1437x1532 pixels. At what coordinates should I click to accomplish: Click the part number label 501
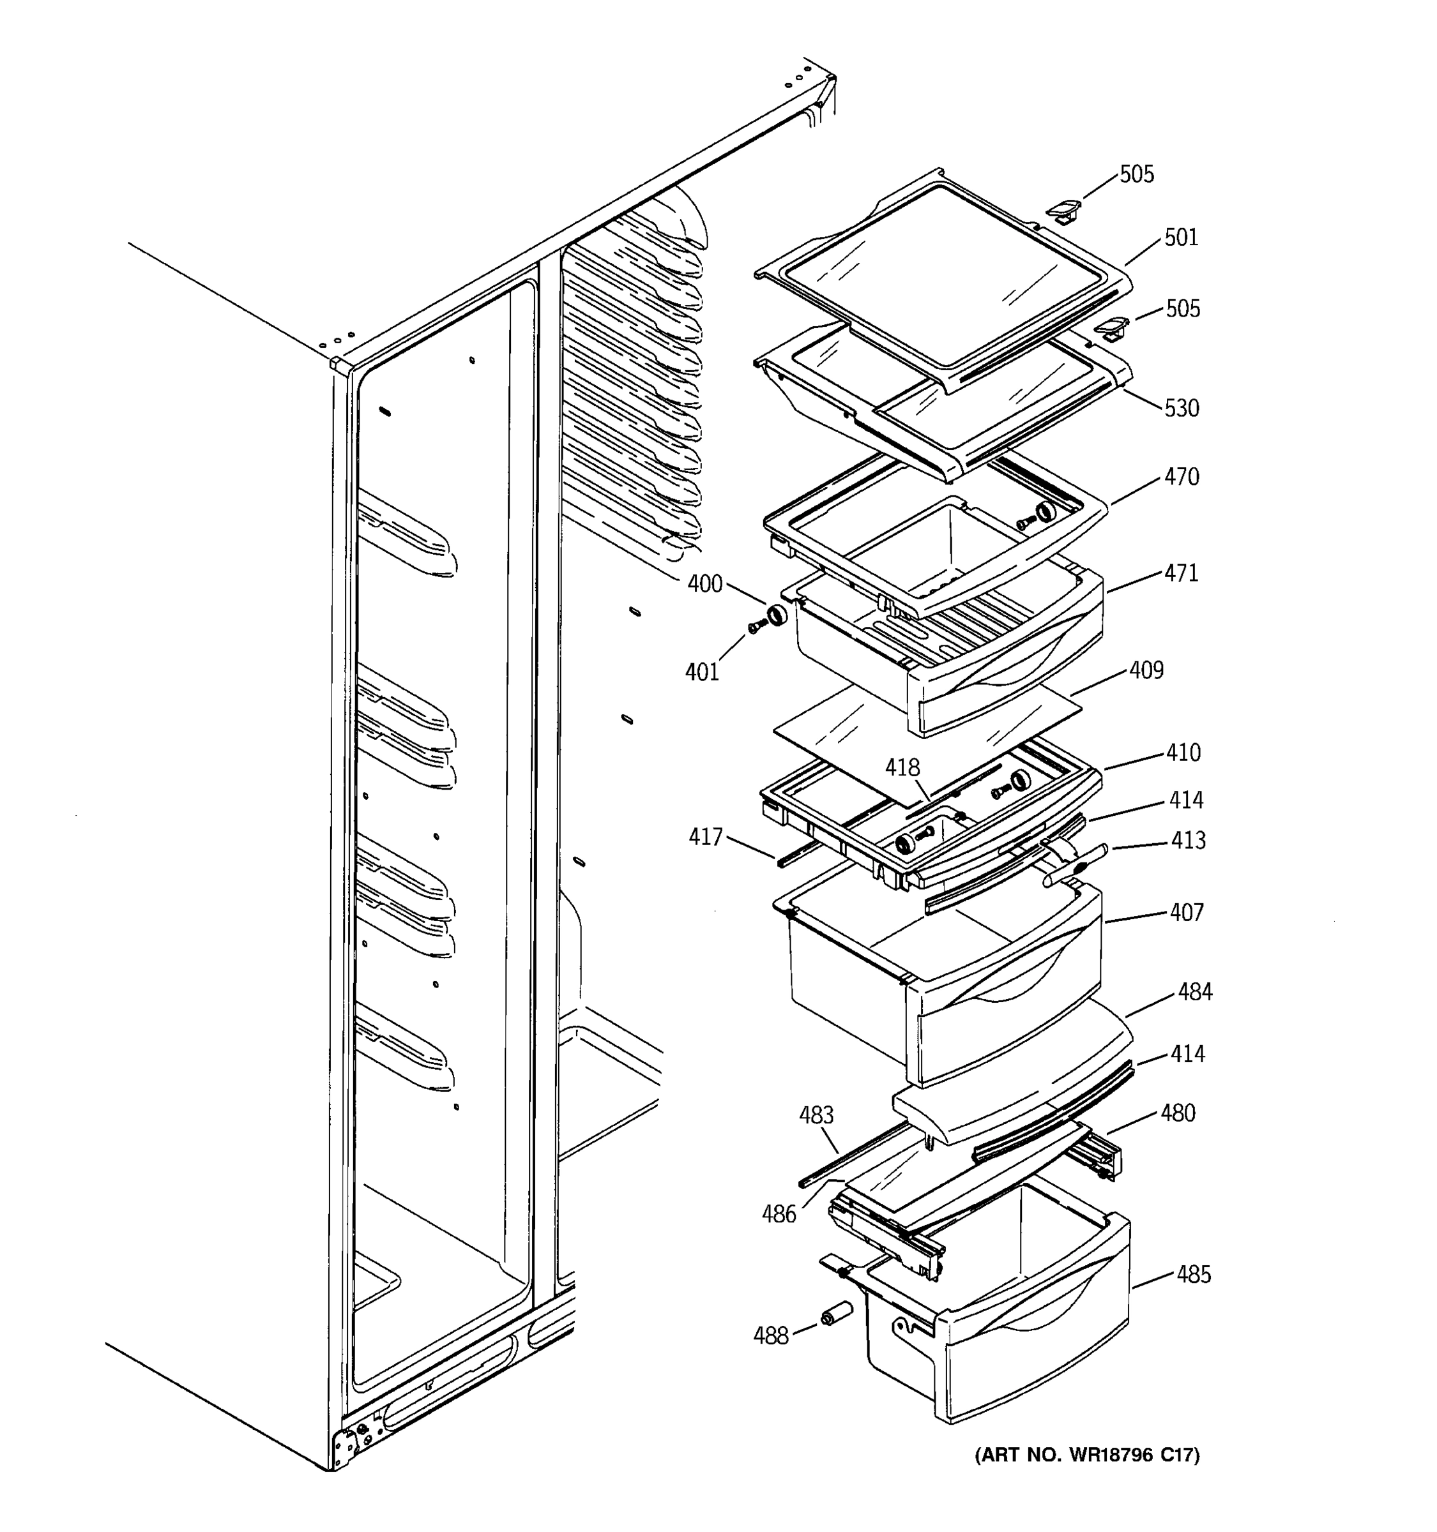(1181, 237)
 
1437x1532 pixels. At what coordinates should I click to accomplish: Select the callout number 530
(1181, 409)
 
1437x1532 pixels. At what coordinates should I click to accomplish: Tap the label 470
(1181, 477)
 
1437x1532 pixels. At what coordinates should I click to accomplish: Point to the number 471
(1181, 573)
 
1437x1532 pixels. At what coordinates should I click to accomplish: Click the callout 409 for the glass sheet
(1146, 670)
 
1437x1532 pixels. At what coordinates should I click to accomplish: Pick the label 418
(902, 767)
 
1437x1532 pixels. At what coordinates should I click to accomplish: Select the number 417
(705, 837)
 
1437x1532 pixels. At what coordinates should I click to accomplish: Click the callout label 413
(1188, 841)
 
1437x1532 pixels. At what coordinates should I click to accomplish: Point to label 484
(1195, 993)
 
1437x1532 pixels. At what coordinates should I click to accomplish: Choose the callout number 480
(1178, 1113)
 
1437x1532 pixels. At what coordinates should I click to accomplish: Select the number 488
(771, 1336)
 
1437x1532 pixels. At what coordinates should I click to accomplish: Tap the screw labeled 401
(755, 629)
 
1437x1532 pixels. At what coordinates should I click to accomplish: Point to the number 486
(779, 1215)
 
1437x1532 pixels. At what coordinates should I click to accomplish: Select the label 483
(816, 1115)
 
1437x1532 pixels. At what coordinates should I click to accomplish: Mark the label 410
(1183, 753)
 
